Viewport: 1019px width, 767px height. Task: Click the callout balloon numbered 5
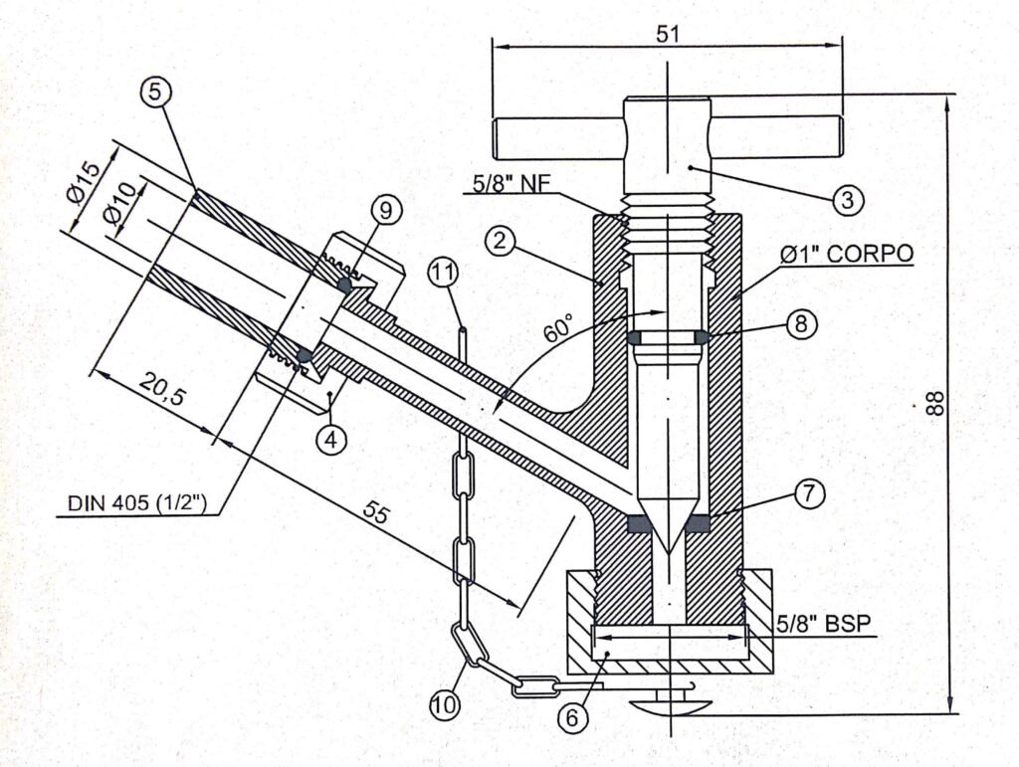click(x=154, y=93)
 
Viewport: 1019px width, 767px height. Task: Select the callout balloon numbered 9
click(x=386, y=211)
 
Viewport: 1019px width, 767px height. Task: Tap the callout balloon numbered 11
click(x=444, y=274)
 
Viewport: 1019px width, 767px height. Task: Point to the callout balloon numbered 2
click(x=500, y=242)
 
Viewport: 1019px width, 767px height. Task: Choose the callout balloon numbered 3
click(x=848, y=200)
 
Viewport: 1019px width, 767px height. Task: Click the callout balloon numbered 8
click(x=801, y=322)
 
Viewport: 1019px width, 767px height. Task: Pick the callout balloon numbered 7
click(x=808, y=494)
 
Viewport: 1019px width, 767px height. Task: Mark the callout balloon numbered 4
click(x=331, y=440)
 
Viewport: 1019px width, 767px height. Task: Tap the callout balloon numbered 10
click(x=445, y=704)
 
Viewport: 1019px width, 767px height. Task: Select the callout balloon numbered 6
click(x=572, y=717)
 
